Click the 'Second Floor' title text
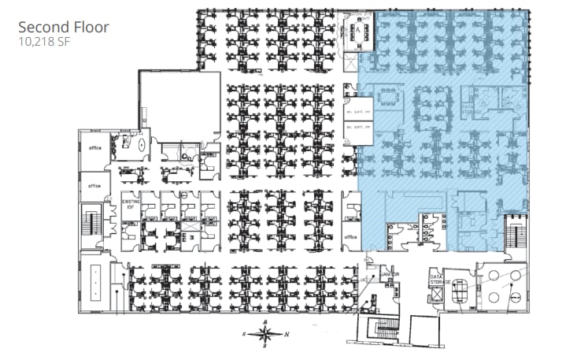(63, 27)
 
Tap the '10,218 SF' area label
(43, 43)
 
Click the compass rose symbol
(265, 334)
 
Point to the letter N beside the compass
(287, 334)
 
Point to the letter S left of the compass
(244, 334)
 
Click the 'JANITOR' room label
(391, 273)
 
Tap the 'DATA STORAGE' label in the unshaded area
(439, 280)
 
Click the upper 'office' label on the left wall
(95, 147)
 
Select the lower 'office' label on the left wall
(95, 186)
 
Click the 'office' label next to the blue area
(350, 236)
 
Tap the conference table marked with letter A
(359, 33)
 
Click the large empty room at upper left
(179, 102)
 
